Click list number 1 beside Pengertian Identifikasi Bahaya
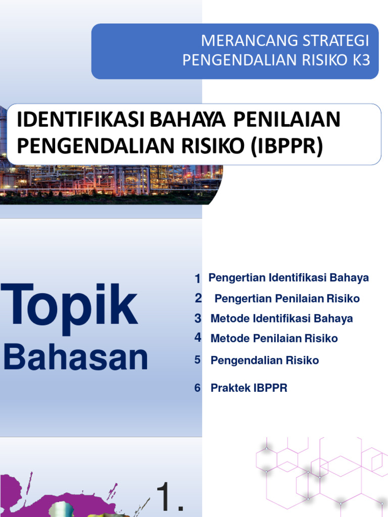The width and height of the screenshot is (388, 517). coord(198,279)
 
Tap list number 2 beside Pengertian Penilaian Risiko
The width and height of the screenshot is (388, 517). coord(198,298)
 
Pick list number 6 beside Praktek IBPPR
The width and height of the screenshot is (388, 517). coord(198,388)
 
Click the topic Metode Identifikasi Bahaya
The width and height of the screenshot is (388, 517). coord(281,319)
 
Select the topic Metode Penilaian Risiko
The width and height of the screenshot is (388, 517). coord(274,338)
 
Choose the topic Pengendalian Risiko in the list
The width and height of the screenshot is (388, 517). coord(265,360)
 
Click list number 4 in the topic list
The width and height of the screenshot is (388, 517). coord(198,338)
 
